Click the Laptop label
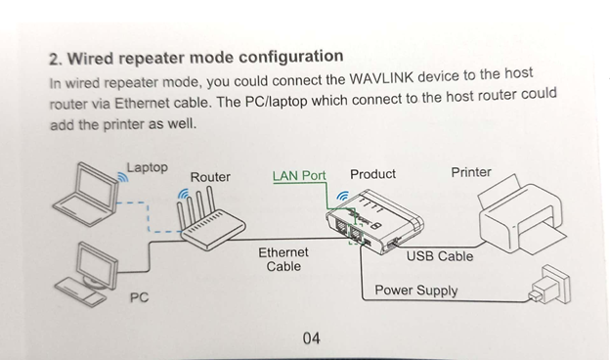click(x=147, y=167)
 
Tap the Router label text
click(x=210, y=177)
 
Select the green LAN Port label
click(x=299, y=176)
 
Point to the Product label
click(x=372, y=174)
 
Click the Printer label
click(x=471, y=172)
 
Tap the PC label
click(x=139, y=297)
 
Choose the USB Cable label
click(x=440, y=256)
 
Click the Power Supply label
click(x=415, y=291)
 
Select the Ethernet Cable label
click(x=283, y=259)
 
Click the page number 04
click(x=311, y=338)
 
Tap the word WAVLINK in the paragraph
click(x=381, y=78)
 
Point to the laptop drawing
click(x=86, y=195)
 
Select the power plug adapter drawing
click(x=549, y=285)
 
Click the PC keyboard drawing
click(x=80, y=292)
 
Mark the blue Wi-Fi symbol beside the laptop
click(x=123, y=177)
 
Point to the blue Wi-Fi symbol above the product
click(x=342, y=196)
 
